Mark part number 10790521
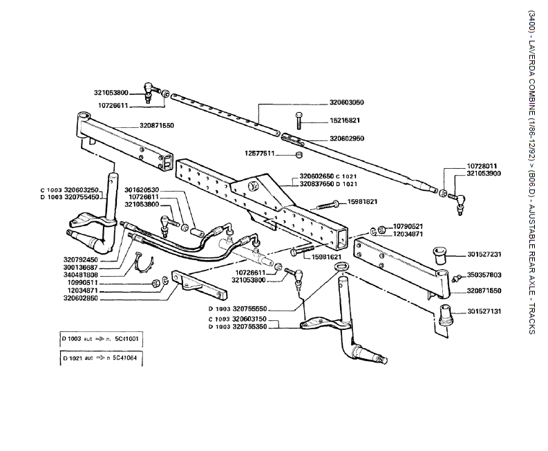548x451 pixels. (408, 226)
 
